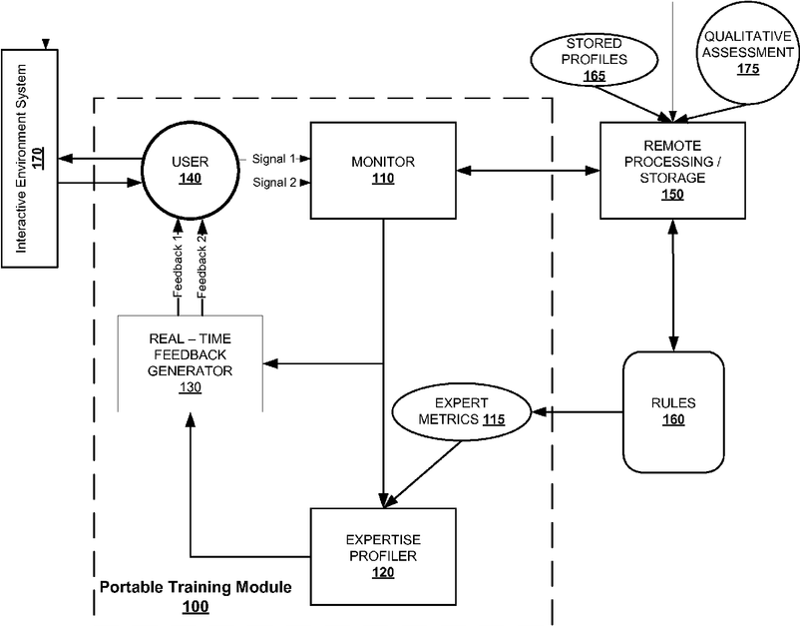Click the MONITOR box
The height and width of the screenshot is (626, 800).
tap(383, 171)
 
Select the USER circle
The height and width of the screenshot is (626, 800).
tap(191, 171)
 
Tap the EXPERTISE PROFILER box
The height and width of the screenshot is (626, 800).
tap(383, 556)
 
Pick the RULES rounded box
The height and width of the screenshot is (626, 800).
tap(673, 411)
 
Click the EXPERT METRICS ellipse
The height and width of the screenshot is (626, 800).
tap(462, 412)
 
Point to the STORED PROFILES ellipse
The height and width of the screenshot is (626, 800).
tap(595, 59)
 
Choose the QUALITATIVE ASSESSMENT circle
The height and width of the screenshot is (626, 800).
tap(748, 53)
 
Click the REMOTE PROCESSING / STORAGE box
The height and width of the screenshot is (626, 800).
tap(672, 171)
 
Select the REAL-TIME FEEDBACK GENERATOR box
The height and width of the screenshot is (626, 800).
tap(191, 363)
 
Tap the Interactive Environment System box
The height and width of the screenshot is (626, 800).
tap(30, 159)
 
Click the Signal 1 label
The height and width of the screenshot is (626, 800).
tap(274, 159)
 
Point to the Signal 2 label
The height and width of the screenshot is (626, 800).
tap(274, 183)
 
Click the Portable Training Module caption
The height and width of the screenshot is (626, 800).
tap(196, 587)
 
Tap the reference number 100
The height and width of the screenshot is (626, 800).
tap(196, 607)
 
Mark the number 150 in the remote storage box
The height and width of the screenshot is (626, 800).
tap(672, 195)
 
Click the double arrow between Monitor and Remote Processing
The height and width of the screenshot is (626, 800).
tap(528, 171)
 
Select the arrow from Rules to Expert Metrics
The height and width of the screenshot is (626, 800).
tap(578, 411)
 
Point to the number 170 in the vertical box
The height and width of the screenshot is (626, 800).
tap(38, 158)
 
